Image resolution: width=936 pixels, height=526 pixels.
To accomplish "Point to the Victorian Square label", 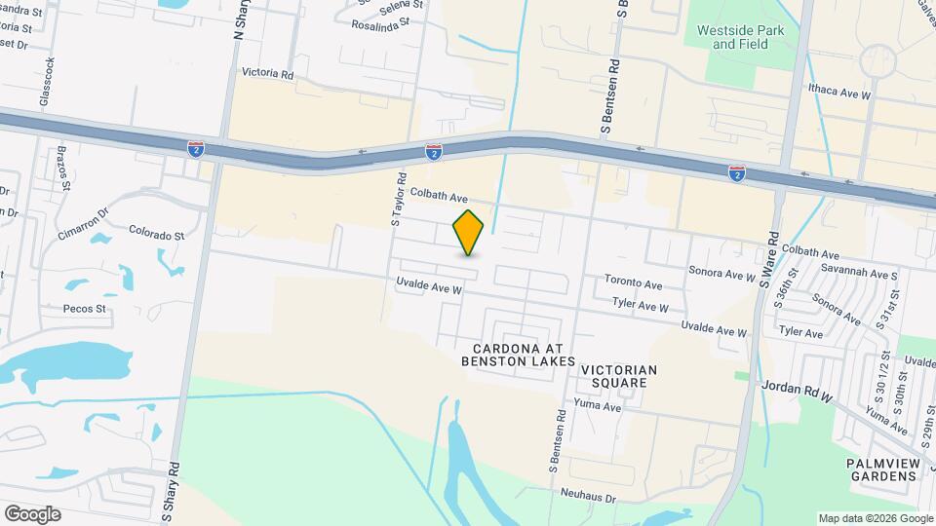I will click(619, 376).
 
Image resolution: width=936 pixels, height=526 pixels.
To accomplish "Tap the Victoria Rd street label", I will click(266, 73).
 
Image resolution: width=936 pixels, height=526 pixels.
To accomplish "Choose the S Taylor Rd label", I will click(398, 201).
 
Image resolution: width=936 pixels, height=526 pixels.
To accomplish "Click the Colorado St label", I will click(157, 235).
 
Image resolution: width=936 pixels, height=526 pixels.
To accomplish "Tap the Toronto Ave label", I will click(633, 282).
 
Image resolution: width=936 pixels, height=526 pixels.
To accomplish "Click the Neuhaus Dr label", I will click(589, 497).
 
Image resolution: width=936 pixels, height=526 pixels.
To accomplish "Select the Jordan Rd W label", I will click(797, 392).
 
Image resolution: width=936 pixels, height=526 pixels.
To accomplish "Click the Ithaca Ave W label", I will click(838, 93).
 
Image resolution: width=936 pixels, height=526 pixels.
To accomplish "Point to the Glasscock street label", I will click(46, 81).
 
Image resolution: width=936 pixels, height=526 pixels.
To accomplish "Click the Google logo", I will click(31, 513).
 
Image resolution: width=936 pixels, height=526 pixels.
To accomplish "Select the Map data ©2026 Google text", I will click(874, 518).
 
